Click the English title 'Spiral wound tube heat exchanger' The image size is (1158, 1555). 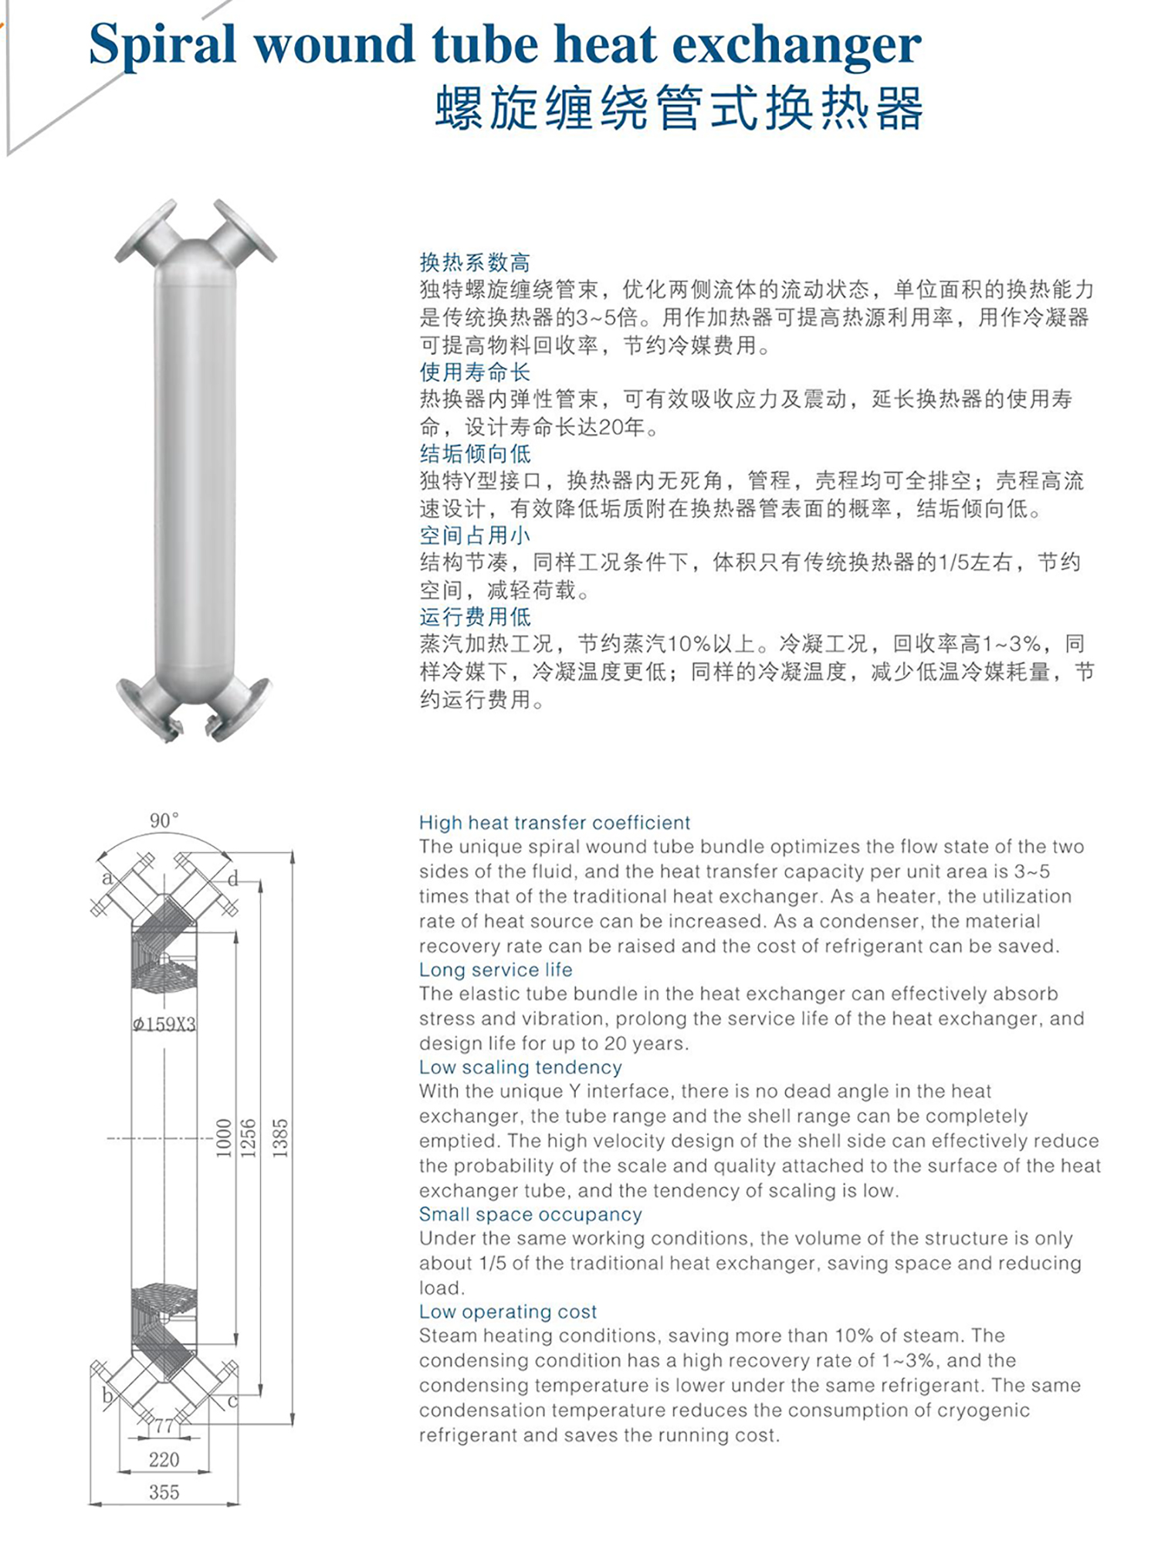505,44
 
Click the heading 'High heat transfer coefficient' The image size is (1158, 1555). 554,823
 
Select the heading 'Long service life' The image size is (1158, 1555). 496,969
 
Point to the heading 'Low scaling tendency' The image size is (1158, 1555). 520,1067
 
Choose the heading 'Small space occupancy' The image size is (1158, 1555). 530,1214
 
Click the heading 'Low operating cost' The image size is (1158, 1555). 508,1312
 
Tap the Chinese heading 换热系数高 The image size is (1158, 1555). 475,263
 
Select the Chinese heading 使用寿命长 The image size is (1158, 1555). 475,372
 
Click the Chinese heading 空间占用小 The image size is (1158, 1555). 475,535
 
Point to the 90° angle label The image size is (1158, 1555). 164,820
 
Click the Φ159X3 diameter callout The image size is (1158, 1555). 164,1025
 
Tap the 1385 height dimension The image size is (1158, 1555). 281,1138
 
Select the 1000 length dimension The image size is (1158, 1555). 224,1138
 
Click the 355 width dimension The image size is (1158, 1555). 164,1492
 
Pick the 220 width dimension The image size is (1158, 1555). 164,1459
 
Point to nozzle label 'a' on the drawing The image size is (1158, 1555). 107,877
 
